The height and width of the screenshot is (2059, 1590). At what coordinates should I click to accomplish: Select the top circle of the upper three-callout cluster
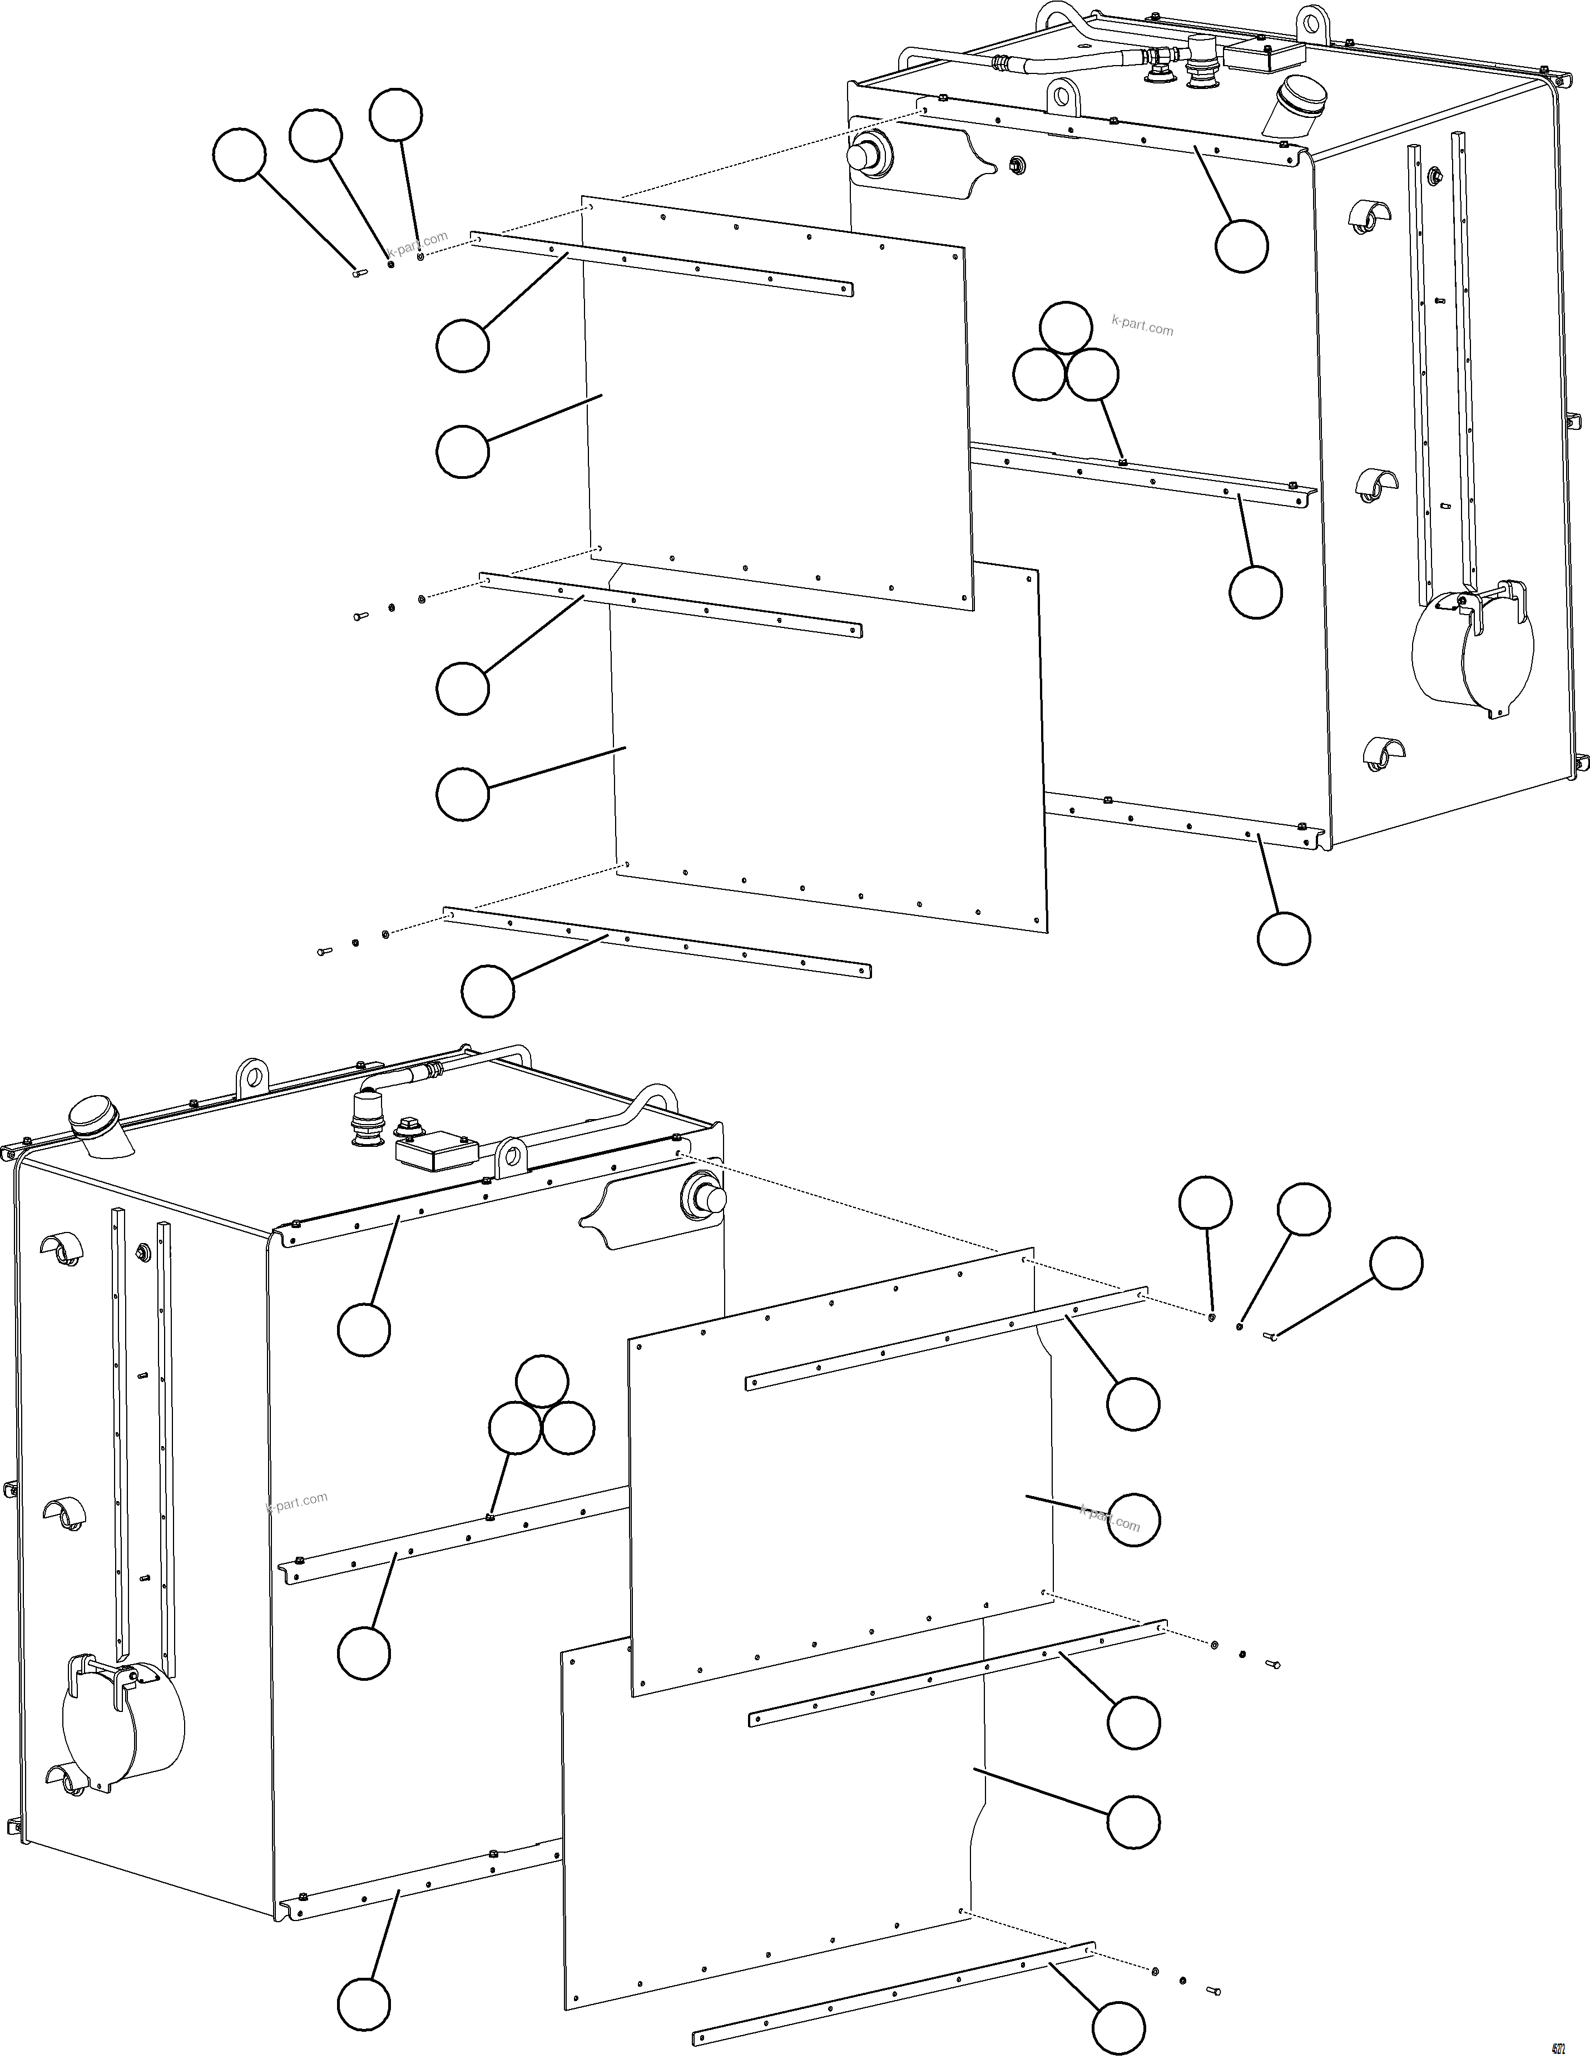[1066, 328]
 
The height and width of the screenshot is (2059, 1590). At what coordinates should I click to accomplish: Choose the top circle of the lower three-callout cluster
[543, 1382]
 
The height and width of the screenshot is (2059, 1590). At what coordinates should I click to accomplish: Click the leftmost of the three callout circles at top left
[239, 155]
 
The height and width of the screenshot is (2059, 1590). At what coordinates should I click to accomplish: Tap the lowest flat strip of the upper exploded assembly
[657, 942]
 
